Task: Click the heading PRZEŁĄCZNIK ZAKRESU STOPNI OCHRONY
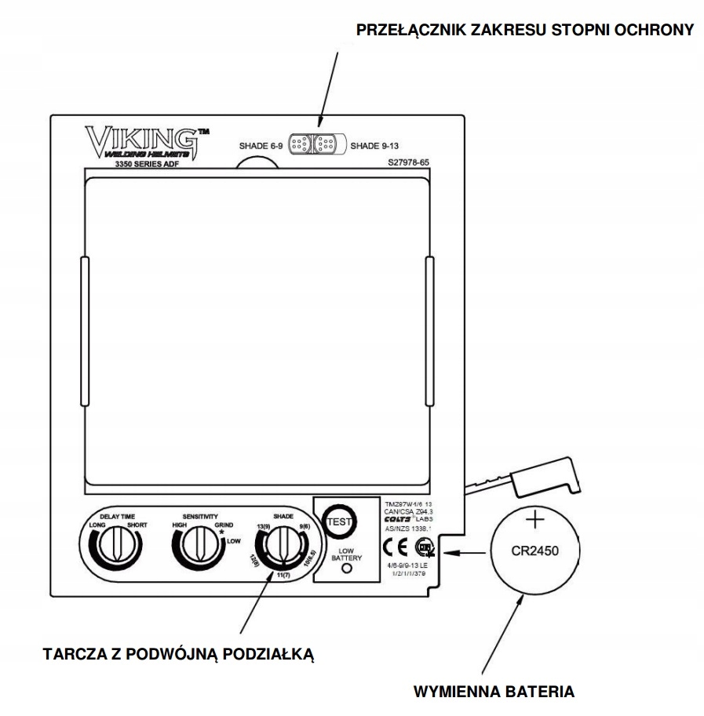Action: coord(525,31)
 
